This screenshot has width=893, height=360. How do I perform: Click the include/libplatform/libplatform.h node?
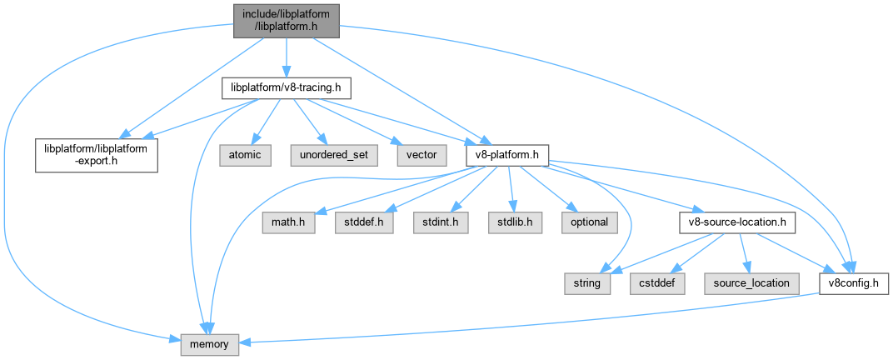[286, 20]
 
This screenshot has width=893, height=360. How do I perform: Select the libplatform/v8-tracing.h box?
[286, 87]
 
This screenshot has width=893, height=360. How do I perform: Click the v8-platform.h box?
[506, 154]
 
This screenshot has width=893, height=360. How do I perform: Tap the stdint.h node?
[438, 222]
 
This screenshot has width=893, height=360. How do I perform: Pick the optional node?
[589, 222]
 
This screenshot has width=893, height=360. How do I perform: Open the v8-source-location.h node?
[736, 222]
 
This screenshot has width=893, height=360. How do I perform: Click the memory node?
[210, 342]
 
